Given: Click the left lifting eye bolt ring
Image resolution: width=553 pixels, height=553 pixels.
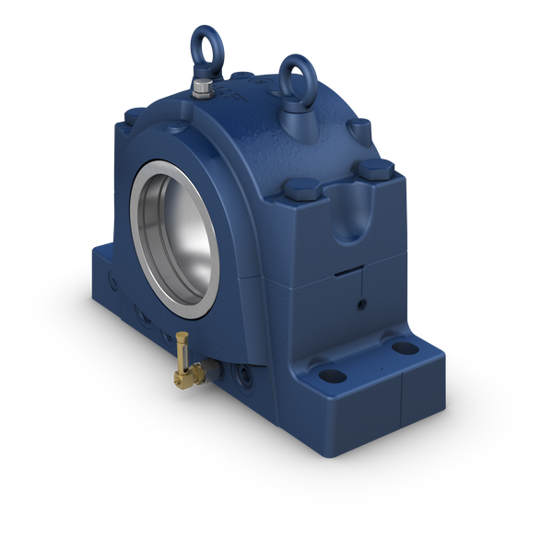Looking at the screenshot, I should [202, 46].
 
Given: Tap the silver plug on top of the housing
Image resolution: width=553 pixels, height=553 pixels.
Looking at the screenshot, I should [202, 90].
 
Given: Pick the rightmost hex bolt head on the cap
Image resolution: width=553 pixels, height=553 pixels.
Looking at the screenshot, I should [375, 170].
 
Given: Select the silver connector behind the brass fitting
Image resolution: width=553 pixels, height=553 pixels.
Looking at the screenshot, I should [211, 371].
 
